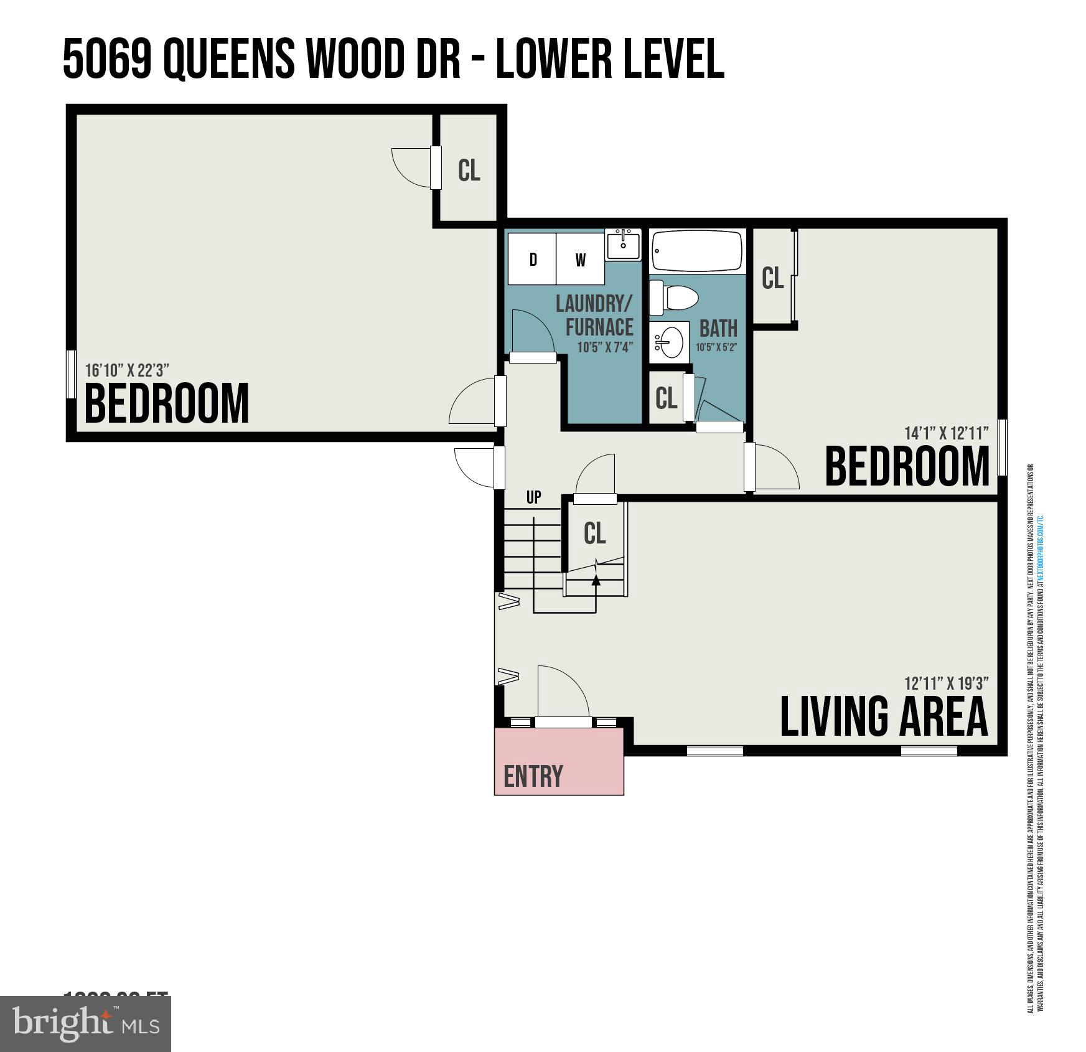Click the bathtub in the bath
(697, 251)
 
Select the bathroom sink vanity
(670, 342)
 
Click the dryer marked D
(532, 259)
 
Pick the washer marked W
(580, 259)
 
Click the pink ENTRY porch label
(533, 776)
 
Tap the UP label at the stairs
(533, 497)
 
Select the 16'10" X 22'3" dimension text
(127, 370)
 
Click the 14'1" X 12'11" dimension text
(946, 433)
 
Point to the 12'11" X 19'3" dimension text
(946, 683)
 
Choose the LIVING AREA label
(884, 717)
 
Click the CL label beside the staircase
(595, 533)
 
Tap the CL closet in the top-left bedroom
(469, 170)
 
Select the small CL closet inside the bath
(666, 398)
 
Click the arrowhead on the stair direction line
(596, 580)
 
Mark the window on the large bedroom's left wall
(70, 373)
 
